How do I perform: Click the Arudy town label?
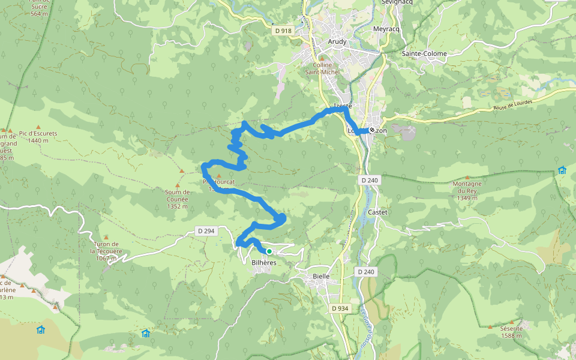[x=337, y=41]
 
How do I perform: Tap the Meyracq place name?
[x=385, y=29]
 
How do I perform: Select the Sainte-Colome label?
[x=424, y=53]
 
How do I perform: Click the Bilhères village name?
[x=264, y=263]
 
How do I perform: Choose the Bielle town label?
[x=321, y=276]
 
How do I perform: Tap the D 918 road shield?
[x=282, y=31]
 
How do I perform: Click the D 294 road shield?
[x=206, y=231]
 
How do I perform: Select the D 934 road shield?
[x=340, y=308]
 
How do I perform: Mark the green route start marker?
[x=269, y=251]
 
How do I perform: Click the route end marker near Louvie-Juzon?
[x=372, y=130]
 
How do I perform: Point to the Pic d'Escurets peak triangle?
[x=38, y=127]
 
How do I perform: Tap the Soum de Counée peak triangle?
[x=178, y=186]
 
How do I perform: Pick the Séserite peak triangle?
[x=491, y=328]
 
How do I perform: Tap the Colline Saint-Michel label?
[x=322, y=68]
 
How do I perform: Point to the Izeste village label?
[x=342, y=106]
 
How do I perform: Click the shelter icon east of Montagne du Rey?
[x=562, y=170]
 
